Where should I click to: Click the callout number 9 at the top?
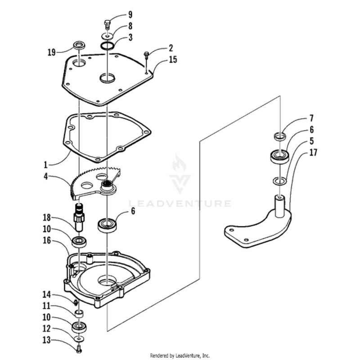130,15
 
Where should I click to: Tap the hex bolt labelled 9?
107,25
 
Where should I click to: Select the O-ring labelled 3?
108,46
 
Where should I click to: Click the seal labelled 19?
79,45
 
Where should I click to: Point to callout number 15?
173,59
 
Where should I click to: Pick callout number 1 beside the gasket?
45,165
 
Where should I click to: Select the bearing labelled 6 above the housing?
107,226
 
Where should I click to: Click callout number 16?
47,240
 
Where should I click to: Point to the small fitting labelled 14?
75,303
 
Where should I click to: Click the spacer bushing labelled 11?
79,314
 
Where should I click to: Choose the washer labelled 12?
80,338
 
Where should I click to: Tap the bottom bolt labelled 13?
79,350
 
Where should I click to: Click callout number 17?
313,153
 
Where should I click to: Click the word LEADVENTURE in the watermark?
180,203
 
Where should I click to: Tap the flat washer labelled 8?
107,36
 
